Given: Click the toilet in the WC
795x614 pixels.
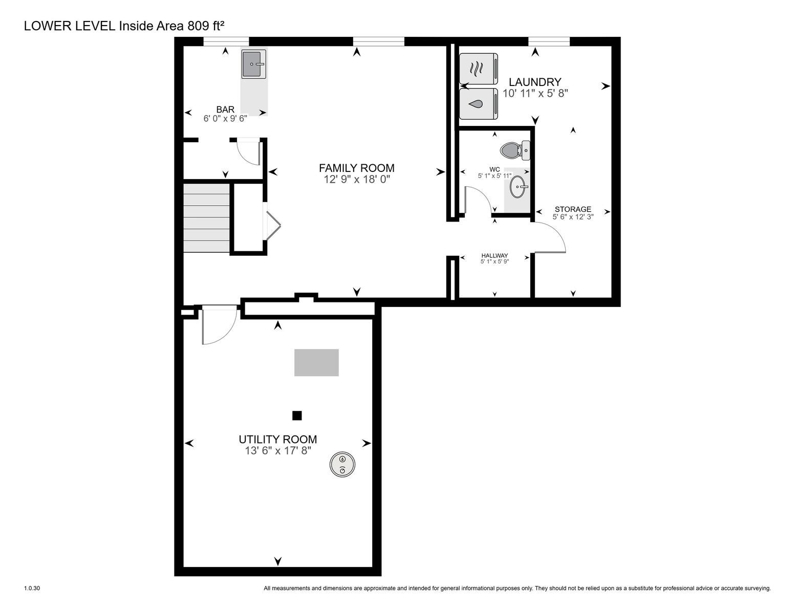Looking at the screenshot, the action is click(515, 150).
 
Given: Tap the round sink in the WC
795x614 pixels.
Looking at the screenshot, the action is click(518, 187).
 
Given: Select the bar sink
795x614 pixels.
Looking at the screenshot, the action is click(253, 64).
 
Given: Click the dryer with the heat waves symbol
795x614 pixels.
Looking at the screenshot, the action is click(479, 69).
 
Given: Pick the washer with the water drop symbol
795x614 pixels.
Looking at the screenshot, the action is click(479, 104).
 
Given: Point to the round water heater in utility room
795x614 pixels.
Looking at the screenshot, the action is click(342, 465).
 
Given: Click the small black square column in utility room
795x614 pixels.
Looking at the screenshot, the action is click(297, 415).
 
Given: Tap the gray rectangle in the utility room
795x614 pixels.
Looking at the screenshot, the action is click(316, 362).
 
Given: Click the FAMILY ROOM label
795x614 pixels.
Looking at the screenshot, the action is click(357, 168).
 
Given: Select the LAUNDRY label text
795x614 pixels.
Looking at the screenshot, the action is click(535, 81).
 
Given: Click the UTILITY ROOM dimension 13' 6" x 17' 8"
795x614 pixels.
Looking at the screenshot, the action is click(278, 451).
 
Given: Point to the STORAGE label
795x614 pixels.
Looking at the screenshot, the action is click(573, 209).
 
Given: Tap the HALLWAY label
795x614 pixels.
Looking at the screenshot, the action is click(495, 256).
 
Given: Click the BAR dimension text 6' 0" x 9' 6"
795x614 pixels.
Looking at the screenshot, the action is click(225, 119).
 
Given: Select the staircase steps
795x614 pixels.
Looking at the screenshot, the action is click(206, 217).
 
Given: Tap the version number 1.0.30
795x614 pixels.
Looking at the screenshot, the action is click(32, 588).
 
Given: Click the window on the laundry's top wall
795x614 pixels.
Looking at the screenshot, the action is click(549, 41).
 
